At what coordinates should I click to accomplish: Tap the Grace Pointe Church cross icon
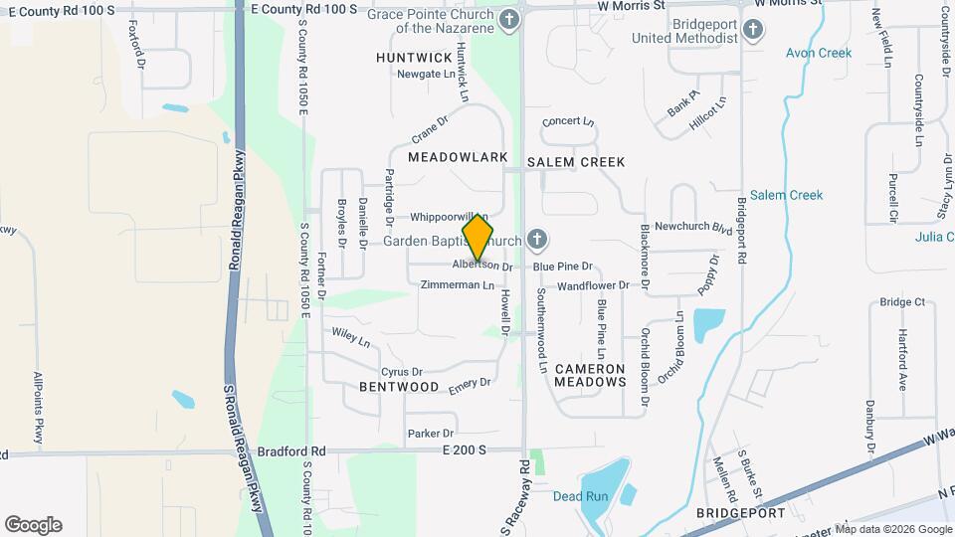(x=509, y=20)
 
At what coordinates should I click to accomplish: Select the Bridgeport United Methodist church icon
(x=752, y=29)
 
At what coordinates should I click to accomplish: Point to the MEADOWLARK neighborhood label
(x=458, y=157)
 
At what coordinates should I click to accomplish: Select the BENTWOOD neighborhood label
(x=399, y=386)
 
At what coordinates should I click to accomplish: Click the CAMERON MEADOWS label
(x=590, y=374)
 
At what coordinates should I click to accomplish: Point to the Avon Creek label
(x=819, y=53)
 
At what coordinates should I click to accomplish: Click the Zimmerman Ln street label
(x=458, y=285)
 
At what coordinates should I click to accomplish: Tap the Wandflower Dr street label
(x=593, y=285)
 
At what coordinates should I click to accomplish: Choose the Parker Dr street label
(x=430, y=434)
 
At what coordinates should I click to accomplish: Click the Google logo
(x=33, y=524)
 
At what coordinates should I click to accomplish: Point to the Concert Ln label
(x=568, y=122)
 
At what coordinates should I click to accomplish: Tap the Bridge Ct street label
(x=902, y=301)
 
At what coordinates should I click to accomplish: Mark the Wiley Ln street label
(x=350, y=338)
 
